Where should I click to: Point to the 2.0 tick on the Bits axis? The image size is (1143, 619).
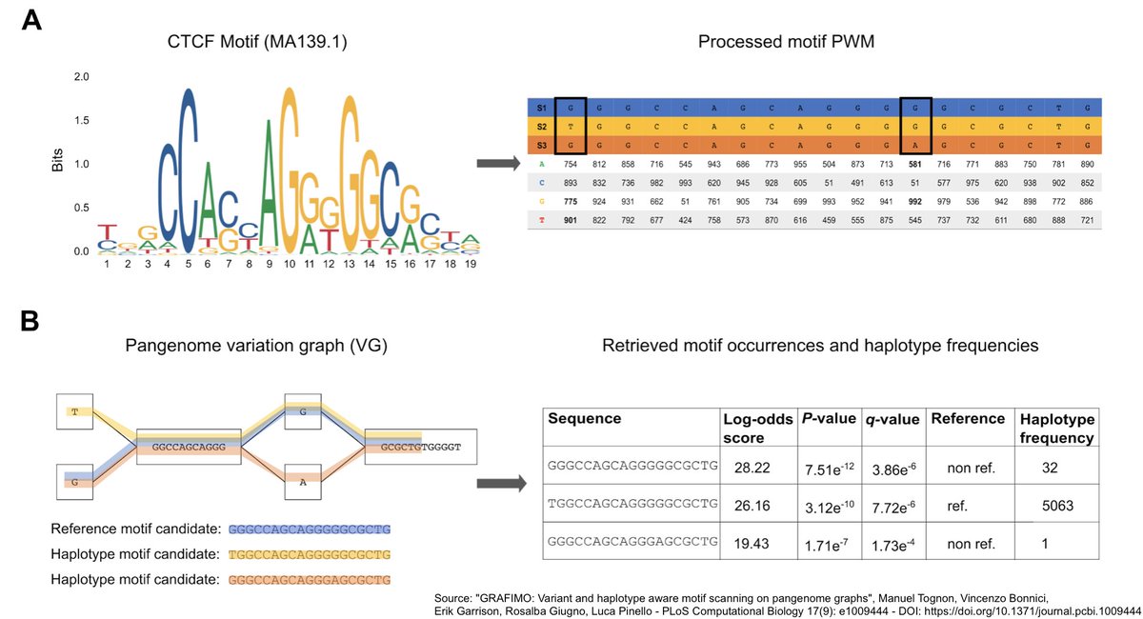pos(81,77)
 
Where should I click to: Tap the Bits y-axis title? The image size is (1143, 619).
pos(58,164)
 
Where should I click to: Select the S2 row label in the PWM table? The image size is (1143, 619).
pos(541,127)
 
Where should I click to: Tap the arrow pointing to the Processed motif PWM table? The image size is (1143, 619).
pos(495,164)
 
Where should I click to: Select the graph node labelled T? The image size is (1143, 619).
pos(73,411)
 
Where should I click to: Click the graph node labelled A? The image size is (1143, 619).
pos(301,483)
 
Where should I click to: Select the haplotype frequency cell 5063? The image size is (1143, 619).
pos(1053,506)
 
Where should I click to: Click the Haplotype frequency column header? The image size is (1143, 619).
pos(1056,427)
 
